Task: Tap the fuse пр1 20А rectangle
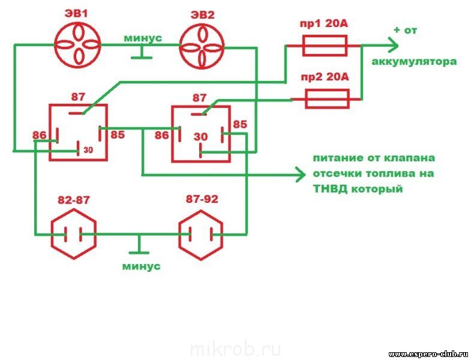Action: [x=323, y=44]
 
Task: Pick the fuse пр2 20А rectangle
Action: [x=327, y=98]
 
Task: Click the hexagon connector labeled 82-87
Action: [x=73, y=234]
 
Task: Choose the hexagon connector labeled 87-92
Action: [x=200, y=234]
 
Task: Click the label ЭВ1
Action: [x=77, y=14]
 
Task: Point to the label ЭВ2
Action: [x=202, y=14]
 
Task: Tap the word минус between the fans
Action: [x=143, y=38]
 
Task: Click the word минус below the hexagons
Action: [x=141, y=266]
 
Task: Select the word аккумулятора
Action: [x=414, y=62]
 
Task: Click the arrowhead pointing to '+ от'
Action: [x=393, y=45]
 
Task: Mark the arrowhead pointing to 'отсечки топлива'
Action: [x=299, y=175]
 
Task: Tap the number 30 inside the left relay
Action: [x=88, y=149]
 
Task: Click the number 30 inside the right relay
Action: [x=200, y=137]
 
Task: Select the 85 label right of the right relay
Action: [x=239, y=124]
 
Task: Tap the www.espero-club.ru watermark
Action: [x=428, y=353]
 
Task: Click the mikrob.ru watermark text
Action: [x=235, y=349]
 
